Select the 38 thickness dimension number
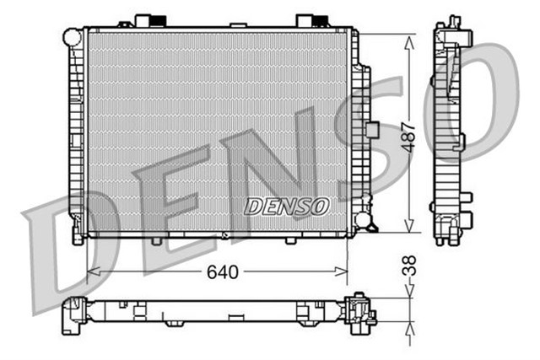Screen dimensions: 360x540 click(x=408, y=268)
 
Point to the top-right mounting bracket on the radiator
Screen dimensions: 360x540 click(x=307, y=20)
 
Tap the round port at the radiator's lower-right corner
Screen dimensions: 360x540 click(x=364, y=220)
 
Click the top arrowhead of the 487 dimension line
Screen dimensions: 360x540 click(x=409, y=40)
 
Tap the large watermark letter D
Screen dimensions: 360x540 click(x=63, y=253)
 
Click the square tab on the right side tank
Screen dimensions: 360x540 click(x=371, y=131)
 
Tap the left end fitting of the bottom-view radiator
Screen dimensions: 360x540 click(x=72, y=315)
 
